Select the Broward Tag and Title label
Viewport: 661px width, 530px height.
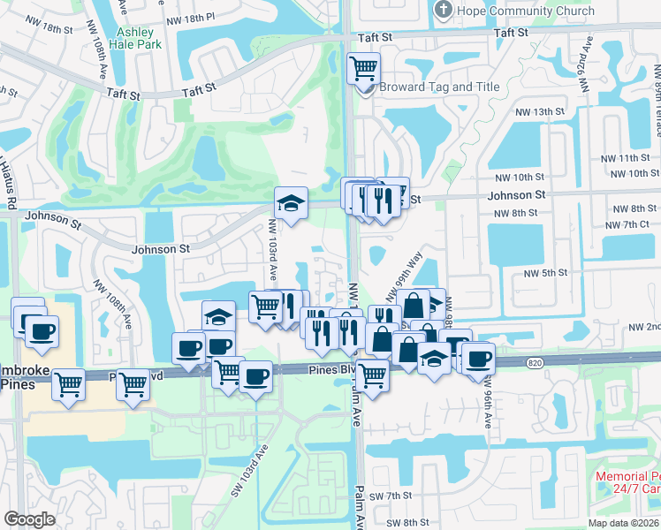439,87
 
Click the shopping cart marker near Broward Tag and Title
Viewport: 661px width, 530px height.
364,67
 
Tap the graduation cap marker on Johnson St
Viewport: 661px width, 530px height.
291,204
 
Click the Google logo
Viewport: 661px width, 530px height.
29,519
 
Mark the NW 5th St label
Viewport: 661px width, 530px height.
544,273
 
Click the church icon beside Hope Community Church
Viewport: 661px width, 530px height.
444,11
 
